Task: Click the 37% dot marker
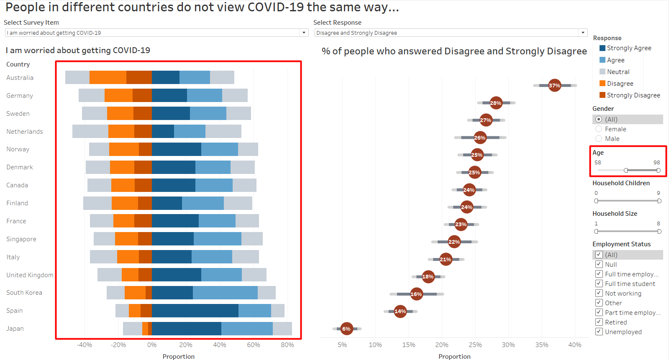[554, 85]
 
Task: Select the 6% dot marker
[346, 329]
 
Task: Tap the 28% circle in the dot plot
[496, 103]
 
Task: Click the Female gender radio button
[599, 129]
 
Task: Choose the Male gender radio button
[599, 139]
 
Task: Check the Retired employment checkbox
[599, 322]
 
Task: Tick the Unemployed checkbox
[599, 332]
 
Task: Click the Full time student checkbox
[599, 283]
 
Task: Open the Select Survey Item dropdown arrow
[304, 33]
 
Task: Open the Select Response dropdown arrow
[583, 33]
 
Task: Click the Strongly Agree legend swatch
[602, 48]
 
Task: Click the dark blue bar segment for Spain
[195, 311]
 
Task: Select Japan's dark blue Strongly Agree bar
[186, 329]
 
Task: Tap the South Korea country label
[24, 293]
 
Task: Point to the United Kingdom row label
[30, 275]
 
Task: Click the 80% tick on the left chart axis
[287, 345]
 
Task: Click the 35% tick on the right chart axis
[542, 345]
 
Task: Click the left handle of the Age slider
[626, 170]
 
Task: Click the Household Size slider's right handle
[659, 231]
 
